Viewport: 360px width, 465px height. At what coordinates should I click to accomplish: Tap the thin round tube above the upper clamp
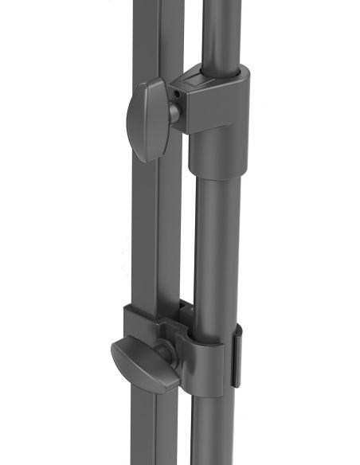pos(220,32)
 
